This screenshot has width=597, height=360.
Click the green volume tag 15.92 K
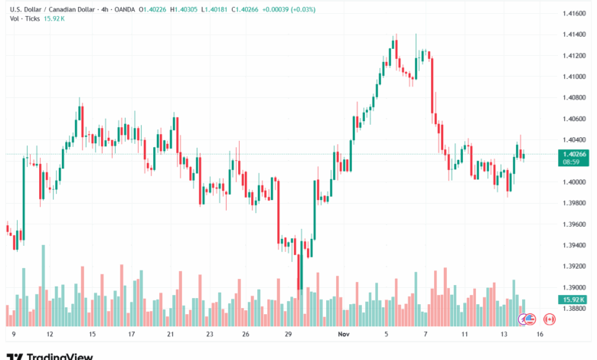(x=573, y=299)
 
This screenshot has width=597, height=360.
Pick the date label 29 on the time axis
(x=288, y=335)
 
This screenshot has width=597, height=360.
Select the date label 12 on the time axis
(x=49, y=335)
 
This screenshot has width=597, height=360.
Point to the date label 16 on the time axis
(x=540, y=335)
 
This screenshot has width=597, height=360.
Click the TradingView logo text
(x=60, y=355)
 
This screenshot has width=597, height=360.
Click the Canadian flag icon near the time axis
(x=548, y=319)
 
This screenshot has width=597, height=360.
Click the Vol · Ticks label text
(x=25, y=18)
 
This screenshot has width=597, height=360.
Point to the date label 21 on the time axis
(x=171, y=335)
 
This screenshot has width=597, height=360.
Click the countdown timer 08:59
(x=569, y=162)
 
